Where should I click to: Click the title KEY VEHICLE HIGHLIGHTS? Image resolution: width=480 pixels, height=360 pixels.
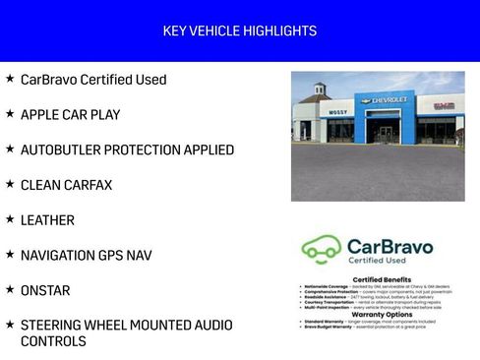pyautogui.click(x=240, y=31)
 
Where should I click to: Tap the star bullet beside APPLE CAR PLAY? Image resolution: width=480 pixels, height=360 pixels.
pyautogui.click(x=10, y=114)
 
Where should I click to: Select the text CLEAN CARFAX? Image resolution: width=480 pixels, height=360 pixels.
pyautogui.click(x=66, y=185)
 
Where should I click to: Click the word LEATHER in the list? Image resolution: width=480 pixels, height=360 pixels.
pyautogui.click(x=47, y=220)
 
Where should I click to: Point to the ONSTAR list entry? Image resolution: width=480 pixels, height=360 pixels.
pyautogui.click(x=45, y=291)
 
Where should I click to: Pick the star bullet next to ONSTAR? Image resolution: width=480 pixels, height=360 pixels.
pyautogui.click(x=10, y=290)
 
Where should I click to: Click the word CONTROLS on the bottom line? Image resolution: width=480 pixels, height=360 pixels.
pyautogui.click(x=53, y=342)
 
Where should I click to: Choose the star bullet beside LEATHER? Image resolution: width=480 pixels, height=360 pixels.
pyautogui.click(x=10, y=219)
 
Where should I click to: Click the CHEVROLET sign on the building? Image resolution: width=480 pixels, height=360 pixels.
pyautogui.click(x=390, y=100)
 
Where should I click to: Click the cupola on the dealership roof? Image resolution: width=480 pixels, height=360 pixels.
pyautogui.click(x=319, y=90)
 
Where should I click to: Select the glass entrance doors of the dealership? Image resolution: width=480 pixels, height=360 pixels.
pyautogui.click(x=385, y=133)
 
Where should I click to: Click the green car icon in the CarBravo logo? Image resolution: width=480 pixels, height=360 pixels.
pyautogui.click(x=321, y=248)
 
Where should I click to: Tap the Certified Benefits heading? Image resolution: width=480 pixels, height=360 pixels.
pyautogui.click(x=368, y=280)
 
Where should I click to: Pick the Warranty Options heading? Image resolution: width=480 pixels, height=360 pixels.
pyautogui.click(x=368, y=315)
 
